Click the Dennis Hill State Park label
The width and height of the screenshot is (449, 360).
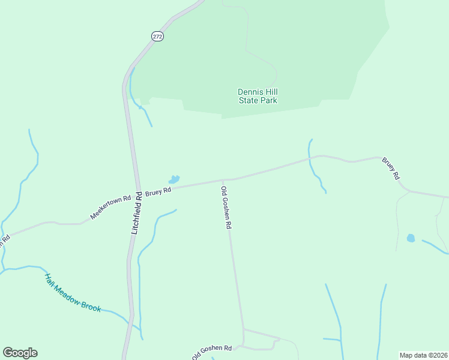pyautogui.click(x=258, y=96)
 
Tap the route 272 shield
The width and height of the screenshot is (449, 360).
pyautogui.click(x=157, y=37)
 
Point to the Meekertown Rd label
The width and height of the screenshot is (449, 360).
pyautogui.click(x=110, y=207)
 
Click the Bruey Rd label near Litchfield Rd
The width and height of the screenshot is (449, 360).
pyautogui.click(x=158, y=191)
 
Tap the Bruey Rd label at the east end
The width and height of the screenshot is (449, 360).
pyautogui.click(x=391, y=169)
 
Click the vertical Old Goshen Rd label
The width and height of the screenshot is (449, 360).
pyautogui.click(x=226, y=208)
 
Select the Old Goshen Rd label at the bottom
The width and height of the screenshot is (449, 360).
pyautogui.click(x=212, y=352)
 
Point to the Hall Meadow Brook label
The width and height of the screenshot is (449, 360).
pyautogui.click(x=73, y=293)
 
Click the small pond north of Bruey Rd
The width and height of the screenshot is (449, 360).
pyautogui.click(x=174, y=179)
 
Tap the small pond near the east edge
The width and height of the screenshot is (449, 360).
pyautogui.click(x=411, y=238)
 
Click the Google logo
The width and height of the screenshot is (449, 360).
pyautogui.click(x=20, y=353)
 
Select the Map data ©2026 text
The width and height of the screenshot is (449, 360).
pyautogui.click(x=423, y=355)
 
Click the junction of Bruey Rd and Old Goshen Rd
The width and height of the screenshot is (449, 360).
pyautogui.click(x=223, y=180)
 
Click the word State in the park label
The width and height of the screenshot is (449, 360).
pyautogui.click(x=249, y=101)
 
